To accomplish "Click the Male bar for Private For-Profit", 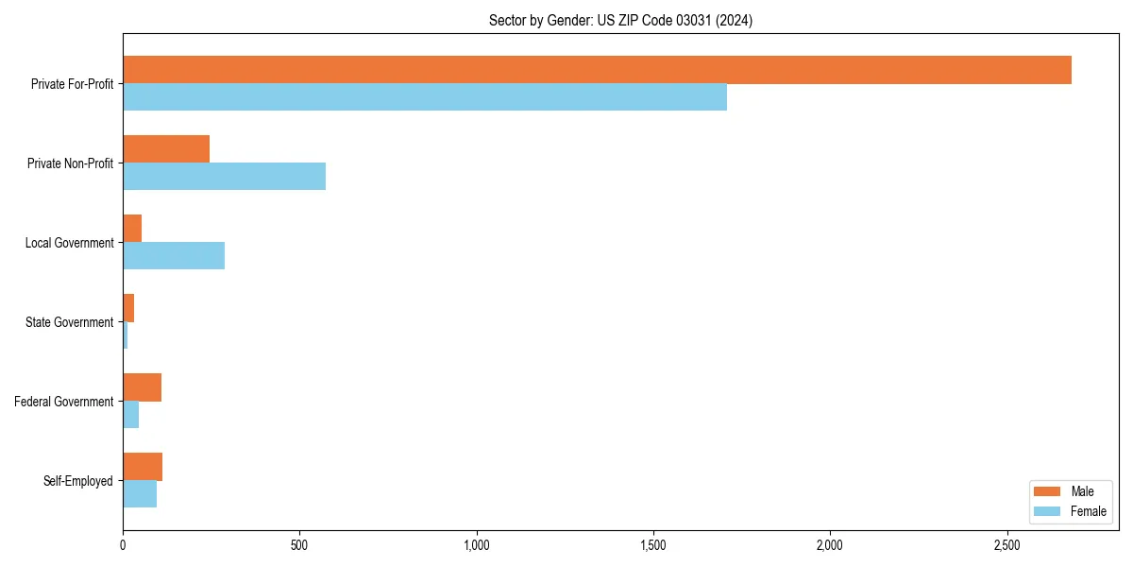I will click(597, 70).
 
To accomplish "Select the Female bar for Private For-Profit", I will click(425, 97).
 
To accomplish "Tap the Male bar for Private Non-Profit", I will click(166, 149).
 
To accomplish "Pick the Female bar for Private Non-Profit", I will click(224, 177).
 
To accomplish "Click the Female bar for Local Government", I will click(174, 256).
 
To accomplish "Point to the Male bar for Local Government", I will click(132, 229).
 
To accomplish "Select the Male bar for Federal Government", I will click(142, 387).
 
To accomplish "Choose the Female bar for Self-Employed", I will click(140, 494).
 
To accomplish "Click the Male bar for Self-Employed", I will click(143, 467).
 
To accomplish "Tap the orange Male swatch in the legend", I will click(1048, 492).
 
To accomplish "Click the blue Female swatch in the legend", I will click(1048, 511).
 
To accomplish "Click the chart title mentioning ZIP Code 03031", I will click(620, 21).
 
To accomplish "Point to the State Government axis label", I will click(69, 322).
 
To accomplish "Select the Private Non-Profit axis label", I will click(70, 163).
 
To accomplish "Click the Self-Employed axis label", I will click(77, 481).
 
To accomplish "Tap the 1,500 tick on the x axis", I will click(653, 546).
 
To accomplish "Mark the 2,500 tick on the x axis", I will click(1006, 546).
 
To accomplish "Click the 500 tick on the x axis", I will click(299, 546).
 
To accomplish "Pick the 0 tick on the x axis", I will click(123, 546).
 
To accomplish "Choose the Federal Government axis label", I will click(63, 402).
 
